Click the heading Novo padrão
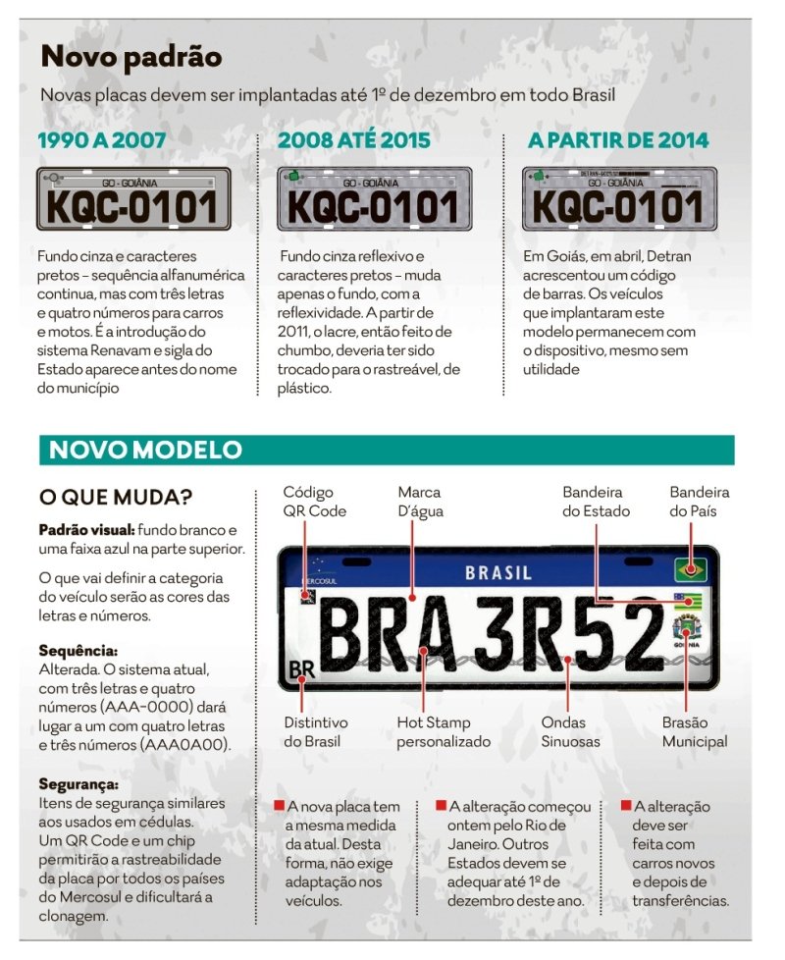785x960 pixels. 131,58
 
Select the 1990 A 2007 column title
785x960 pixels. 101,140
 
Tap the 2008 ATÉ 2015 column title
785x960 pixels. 353,140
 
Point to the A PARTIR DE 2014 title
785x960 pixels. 618,140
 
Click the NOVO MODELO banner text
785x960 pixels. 144,450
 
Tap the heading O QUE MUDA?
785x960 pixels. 116,496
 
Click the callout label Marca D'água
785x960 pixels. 419,501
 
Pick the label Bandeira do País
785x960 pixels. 699,501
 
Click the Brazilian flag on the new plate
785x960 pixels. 690,567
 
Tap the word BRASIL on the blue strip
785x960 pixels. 497,572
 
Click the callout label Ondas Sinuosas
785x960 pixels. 570,731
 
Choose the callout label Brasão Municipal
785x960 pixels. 694,731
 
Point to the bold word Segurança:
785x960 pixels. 78,784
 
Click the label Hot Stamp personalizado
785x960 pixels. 443,731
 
